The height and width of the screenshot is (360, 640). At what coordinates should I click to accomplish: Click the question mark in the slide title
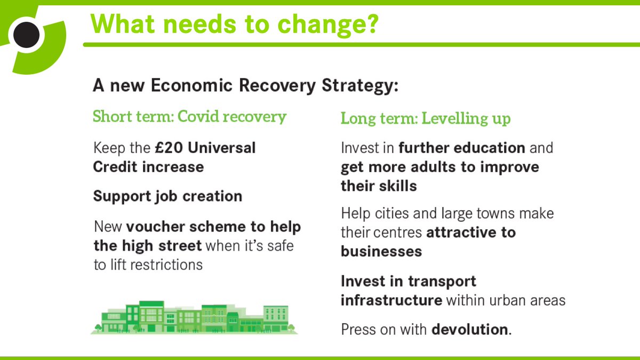(369, 23)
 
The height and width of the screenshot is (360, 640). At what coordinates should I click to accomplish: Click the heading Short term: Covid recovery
(189, 117)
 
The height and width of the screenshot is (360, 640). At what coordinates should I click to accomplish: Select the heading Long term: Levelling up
(426, 118)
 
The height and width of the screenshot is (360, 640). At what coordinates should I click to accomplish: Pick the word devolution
(469, 329)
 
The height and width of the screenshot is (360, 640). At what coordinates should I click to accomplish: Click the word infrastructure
(391, 300)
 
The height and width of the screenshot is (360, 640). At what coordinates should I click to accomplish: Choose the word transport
(442, 281)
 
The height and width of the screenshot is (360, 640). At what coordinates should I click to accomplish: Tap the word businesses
(381, 251)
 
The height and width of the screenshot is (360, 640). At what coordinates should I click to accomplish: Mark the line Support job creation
(167, 196)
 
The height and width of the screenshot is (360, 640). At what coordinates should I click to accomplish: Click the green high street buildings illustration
(194, 318)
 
